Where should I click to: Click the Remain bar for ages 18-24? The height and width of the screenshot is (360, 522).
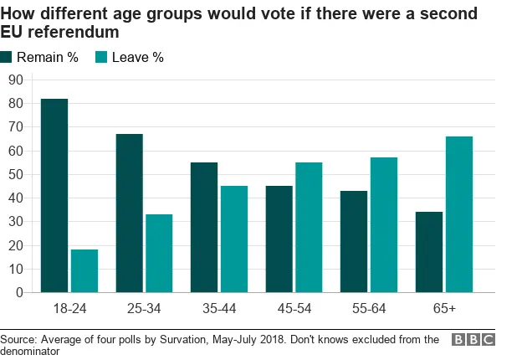tap(54, 196)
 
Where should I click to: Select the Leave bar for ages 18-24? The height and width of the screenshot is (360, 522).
tap(84, 271)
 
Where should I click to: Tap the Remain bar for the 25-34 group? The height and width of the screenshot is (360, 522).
tap(130, 213)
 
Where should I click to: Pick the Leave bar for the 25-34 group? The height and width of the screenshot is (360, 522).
tap(159, 254)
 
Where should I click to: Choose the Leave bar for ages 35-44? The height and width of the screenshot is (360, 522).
tap(234, 239)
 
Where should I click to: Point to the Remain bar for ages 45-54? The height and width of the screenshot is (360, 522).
tap(279, 239)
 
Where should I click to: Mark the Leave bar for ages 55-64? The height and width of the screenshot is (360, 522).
tap(384, 225)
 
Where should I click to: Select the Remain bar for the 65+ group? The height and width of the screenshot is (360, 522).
tap(429, 252)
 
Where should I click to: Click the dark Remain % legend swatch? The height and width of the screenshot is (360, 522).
tap(8, 58)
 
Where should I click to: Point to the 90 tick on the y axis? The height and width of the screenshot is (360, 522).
tap(15, 80)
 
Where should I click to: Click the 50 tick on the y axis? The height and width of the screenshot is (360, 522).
tap(15, 174)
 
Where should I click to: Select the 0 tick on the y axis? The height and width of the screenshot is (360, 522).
tap(18, 293)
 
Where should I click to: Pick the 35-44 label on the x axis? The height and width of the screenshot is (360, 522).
tap(219, 309)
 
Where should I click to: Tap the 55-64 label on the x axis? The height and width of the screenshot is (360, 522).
tap(369, 309)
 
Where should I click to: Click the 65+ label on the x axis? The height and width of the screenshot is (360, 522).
tap(444, 309)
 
